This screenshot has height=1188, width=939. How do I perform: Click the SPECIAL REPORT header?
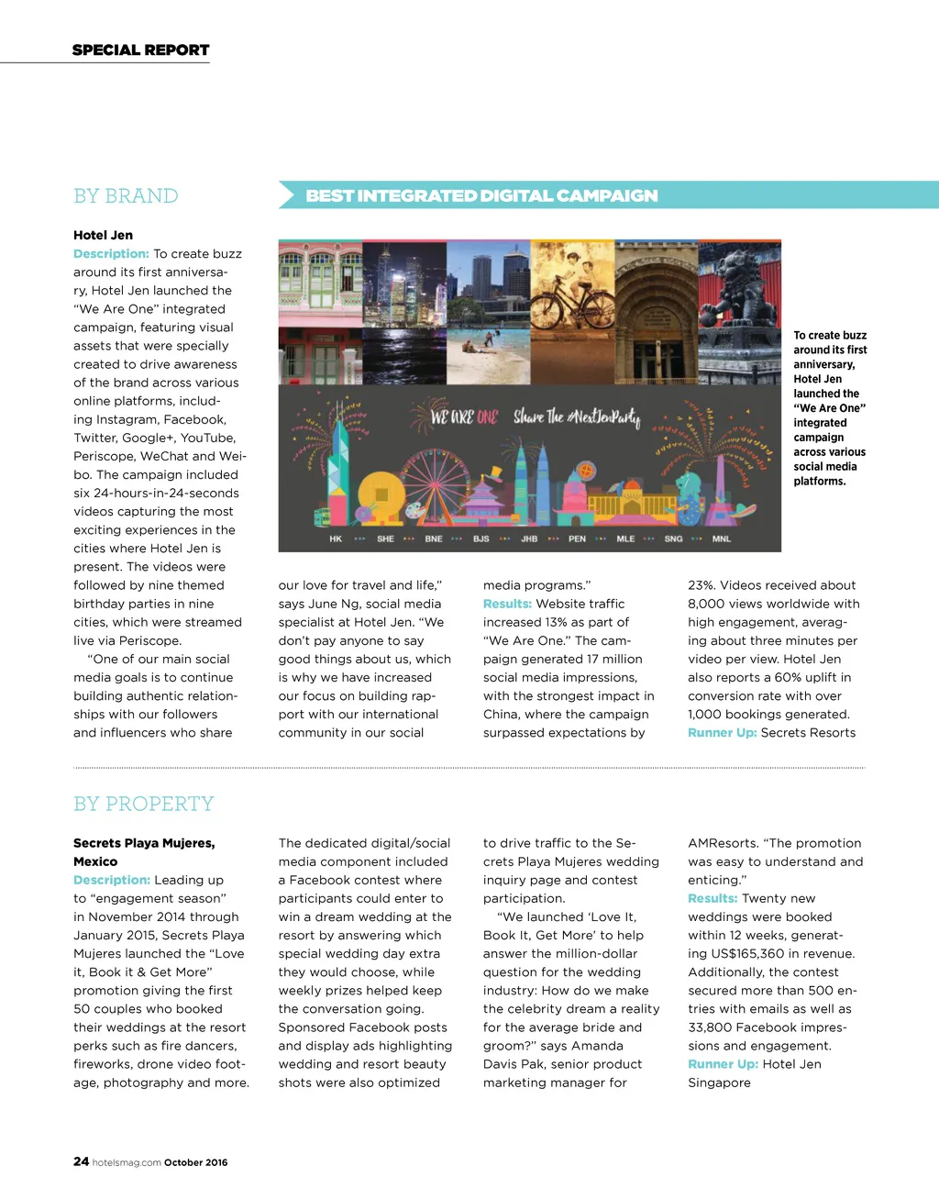[140, 50]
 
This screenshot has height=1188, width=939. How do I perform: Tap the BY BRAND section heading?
[126, 196]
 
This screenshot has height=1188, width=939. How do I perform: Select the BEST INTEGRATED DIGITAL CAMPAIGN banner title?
[481, 196]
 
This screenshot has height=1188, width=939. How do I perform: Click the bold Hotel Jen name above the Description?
[103, 235]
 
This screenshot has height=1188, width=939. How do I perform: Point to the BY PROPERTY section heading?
[143, 805]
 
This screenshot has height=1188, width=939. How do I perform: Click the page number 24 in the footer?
[81, 1161]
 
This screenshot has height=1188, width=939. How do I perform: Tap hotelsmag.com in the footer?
[127, 1162]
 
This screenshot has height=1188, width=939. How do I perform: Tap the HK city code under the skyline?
[336, 539]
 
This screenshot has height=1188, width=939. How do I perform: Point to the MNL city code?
[722, 539]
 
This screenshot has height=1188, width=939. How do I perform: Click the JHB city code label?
[529, 539]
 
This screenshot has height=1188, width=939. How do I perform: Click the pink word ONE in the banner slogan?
[487, 418]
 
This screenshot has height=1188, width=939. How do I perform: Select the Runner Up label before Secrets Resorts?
[722, 733]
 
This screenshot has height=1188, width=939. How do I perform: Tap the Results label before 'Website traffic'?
[507, 604]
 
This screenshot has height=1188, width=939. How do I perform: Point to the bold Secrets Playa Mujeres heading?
[144, 843]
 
